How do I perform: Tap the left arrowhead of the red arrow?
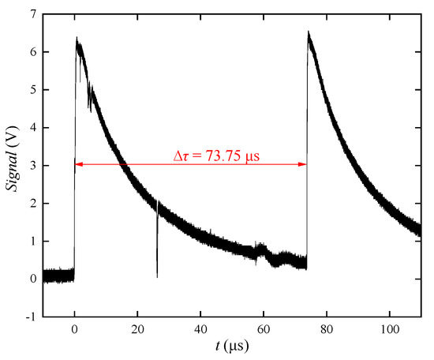[77, 164]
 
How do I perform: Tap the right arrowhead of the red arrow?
[304, 164]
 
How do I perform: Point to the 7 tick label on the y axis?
[31, 14]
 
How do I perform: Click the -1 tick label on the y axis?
[28, 317]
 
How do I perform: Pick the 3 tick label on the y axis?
[31, 166]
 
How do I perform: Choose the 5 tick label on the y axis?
[31, 90]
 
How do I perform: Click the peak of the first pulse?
[77, 38]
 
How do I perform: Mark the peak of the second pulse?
[309, 32]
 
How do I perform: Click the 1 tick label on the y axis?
[31, 241]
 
